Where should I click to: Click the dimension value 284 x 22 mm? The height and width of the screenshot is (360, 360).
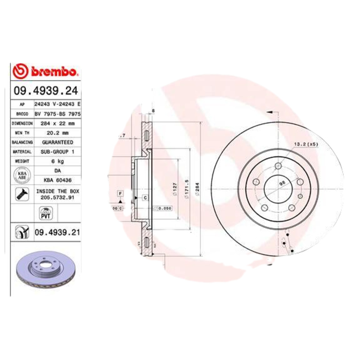click(x=57, y=123)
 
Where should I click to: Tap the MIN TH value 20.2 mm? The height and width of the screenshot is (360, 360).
click(x=57, y=133)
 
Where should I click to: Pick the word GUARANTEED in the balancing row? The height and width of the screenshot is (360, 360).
click(x=57, y=142)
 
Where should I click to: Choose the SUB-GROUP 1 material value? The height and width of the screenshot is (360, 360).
click(x=57, y=152)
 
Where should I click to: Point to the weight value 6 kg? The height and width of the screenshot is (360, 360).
click(x=57, y=161)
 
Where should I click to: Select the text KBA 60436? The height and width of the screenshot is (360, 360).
click(x=57, y=180)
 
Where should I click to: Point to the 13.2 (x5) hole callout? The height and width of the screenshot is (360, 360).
click(x=306, y=144)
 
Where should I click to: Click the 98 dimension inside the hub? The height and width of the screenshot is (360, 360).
click(x=282, y=183)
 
